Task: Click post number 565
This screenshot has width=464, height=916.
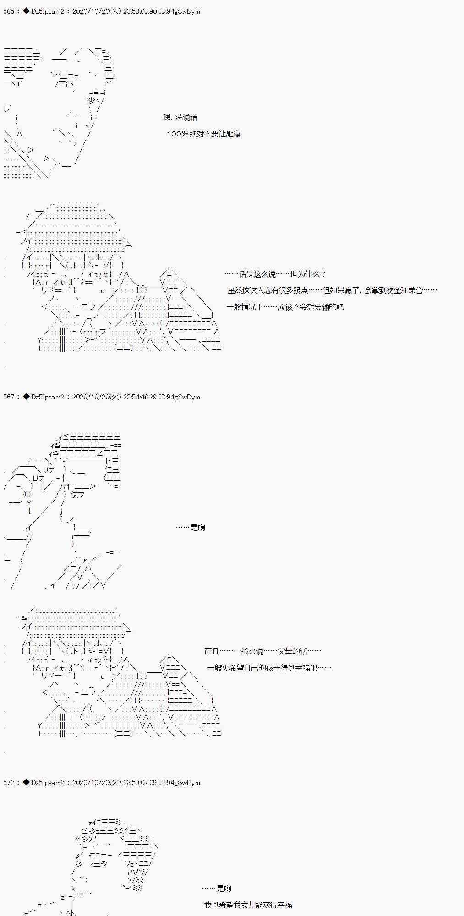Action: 9,11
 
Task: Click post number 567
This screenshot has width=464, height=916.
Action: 9,397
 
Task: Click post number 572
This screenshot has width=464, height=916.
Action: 9,783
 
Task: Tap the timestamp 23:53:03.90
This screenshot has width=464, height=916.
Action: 140,11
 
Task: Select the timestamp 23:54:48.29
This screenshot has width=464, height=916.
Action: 140,397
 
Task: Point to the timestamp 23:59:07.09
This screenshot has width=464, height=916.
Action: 140,783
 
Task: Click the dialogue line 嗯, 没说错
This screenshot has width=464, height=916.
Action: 180,118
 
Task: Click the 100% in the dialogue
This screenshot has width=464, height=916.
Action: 178,134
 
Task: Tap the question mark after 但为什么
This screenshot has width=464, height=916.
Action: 323,274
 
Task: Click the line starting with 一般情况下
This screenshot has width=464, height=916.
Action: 284,307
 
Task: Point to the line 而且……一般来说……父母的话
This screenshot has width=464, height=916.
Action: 262,651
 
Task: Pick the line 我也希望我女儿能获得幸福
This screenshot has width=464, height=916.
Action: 248,905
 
